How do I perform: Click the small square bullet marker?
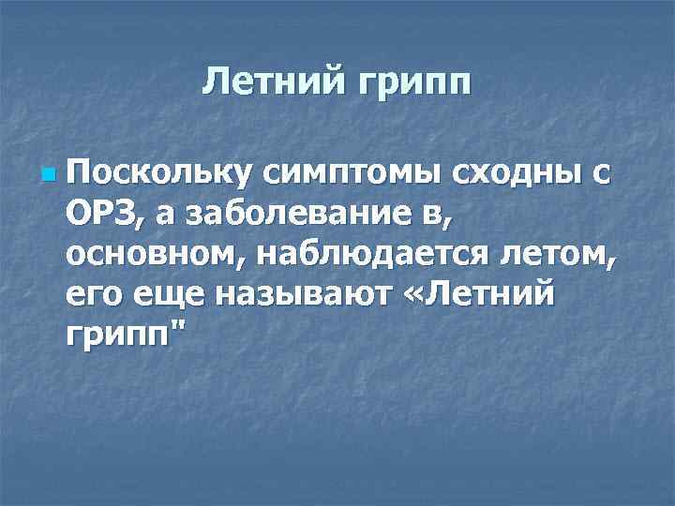(49, 175)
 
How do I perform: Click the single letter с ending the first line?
(599, 174)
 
